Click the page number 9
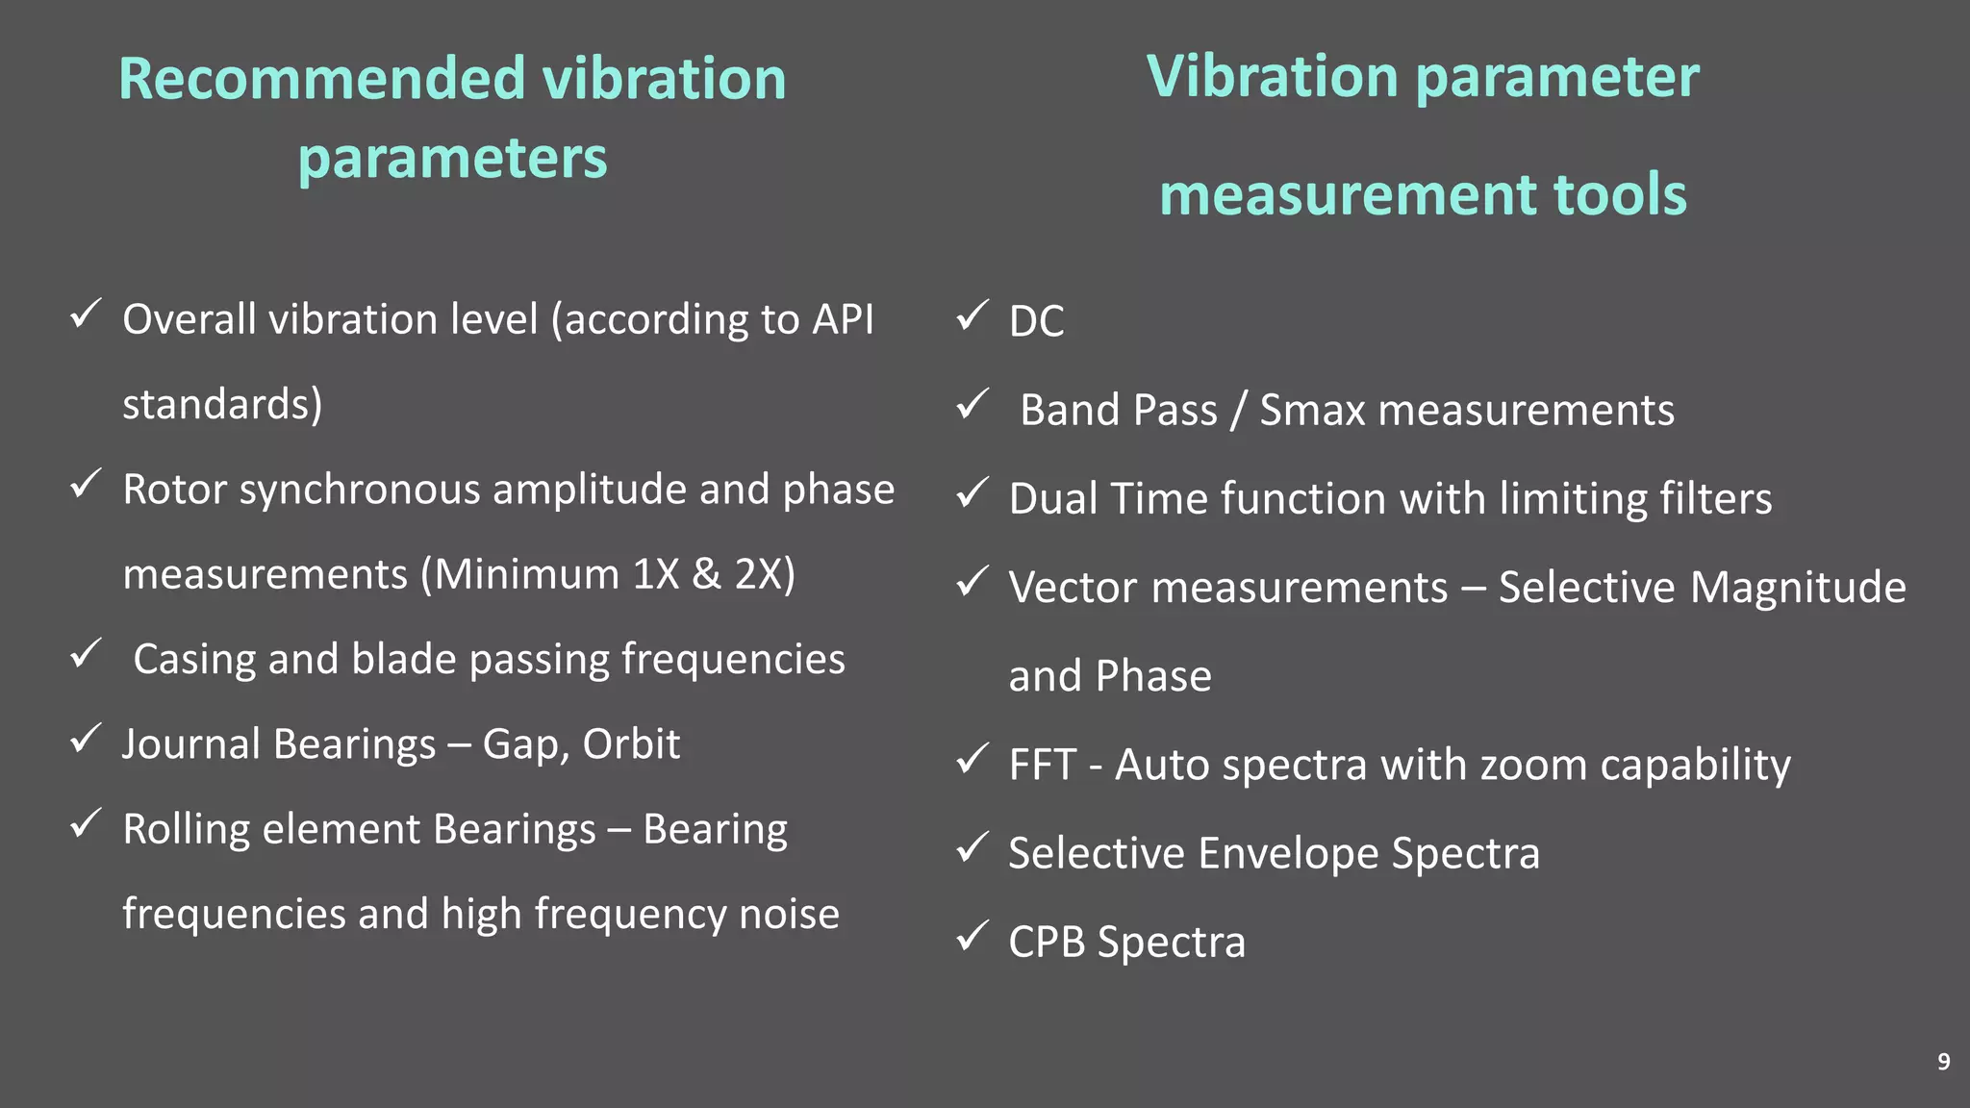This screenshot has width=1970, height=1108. (x=1943, y=1062)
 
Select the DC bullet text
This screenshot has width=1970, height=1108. (x=1036, y=321)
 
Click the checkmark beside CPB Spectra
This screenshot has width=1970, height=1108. (x=972, y=936)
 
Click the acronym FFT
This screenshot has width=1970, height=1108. (x=1041, y=766)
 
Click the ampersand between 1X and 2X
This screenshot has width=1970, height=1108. (x=706, y=574)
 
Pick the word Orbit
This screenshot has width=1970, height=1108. (x=631, y=744)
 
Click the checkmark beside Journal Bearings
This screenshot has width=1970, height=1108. (x=87, y=739)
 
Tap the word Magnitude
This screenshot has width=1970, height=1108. (x=1798, y=588)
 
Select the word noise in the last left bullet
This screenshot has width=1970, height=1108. (x=789, y=914)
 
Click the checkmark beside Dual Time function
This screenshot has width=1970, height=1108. (x=972, y=493)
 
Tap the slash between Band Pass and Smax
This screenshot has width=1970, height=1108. (x=1238, y=411)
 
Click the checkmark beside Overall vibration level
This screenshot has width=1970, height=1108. (x=87, y=314)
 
